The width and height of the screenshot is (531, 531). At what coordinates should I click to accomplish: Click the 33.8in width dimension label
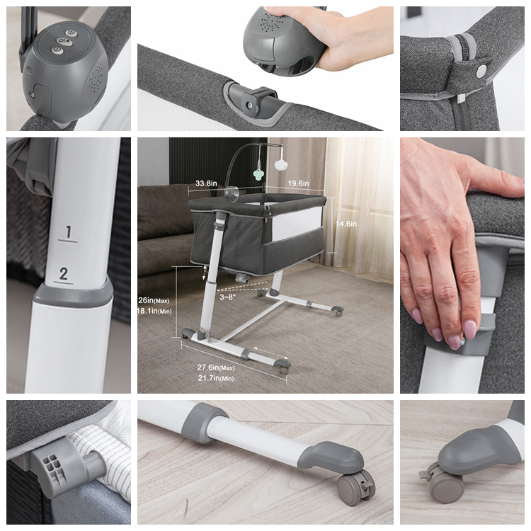point(206,183)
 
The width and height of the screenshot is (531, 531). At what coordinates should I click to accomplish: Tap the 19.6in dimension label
point(298,183)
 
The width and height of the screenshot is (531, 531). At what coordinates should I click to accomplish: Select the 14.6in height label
point(346,224)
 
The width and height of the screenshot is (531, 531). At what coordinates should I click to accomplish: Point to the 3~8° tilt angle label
point(227,297)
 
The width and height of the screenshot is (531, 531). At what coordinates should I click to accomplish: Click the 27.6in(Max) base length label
point(216,367)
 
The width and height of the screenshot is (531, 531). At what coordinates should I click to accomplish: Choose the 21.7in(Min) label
point(216,378)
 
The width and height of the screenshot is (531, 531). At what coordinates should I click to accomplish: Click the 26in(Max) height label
point(154,300)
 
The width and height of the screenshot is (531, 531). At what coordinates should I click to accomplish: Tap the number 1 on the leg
point(69,232)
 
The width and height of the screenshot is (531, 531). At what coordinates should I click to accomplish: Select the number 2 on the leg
point(63,273)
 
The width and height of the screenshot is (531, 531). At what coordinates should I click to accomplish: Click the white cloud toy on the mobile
point(280,165)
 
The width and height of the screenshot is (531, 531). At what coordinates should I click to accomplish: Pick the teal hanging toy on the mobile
point(259,174)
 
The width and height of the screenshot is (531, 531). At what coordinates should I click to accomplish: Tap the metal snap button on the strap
point(481,71)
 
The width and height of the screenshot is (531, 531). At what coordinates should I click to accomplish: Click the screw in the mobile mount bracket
point(250,105)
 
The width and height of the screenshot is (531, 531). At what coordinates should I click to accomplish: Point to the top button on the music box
point(70,33)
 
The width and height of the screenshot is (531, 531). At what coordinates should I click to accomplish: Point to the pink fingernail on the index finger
point(469,330)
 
